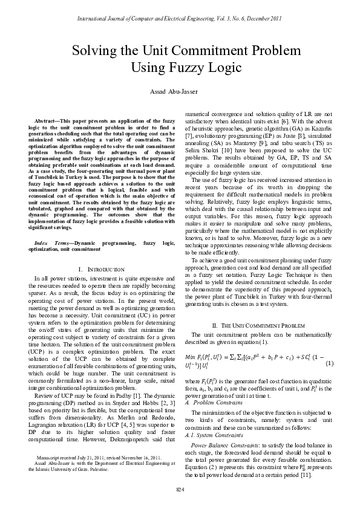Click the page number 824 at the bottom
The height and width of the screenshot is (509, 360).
point(180,488)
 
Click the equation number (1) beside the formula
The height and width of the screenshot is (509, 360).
point(329,363)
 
